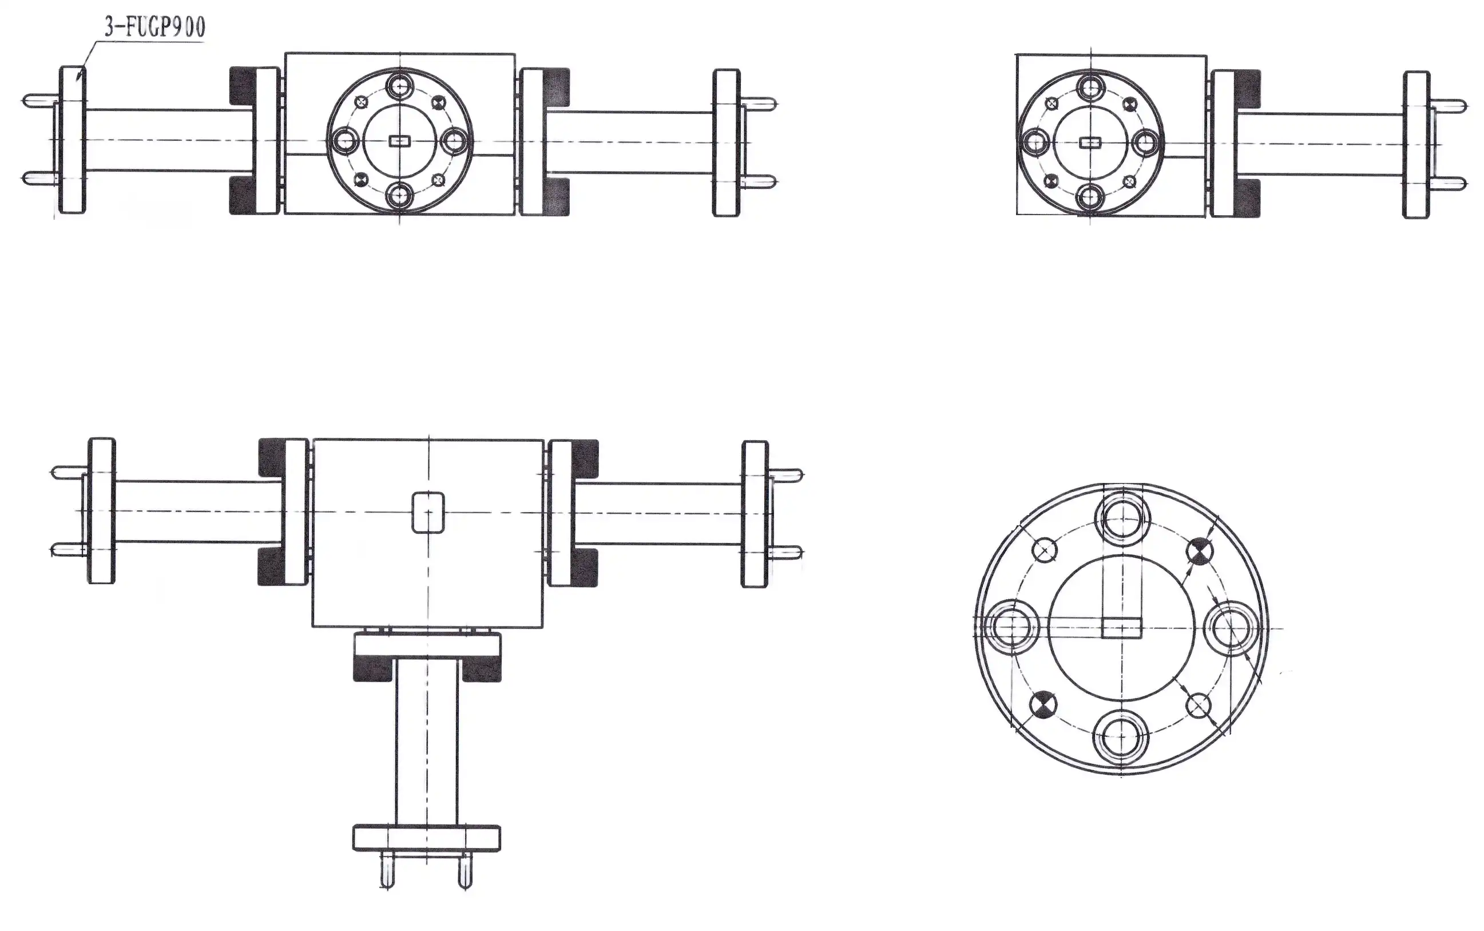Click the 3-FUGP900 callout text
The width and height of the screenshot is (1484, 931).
(x=154, y=27)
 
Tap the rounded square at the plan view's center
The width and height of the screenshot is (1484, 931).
(x=428, y=512)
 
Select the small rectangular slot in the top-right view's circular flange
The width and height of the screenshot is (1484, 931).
(x=1090, y=143)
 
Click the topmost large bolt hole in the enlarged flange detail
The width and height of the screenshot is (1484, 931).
(x=1122, y=518)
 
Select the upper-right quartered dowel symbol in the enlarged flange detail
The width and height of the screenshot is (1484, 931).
(x=1199, y=550)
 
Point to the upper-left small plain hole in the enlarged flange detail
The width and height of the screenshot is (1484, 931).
(x=1044, y=549)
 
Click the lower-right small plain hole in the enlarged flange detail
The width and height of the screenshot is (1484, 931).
(x=1198, y=706)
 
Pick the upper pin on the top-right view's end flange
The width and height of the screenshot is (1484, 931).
(x=1450, y=106)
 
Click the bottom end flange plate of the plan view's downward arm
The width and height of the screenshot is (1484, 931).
(x=427, y=838)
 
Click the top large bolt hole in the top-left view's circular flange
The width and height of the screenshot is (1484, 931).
(x=400, y=86)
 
